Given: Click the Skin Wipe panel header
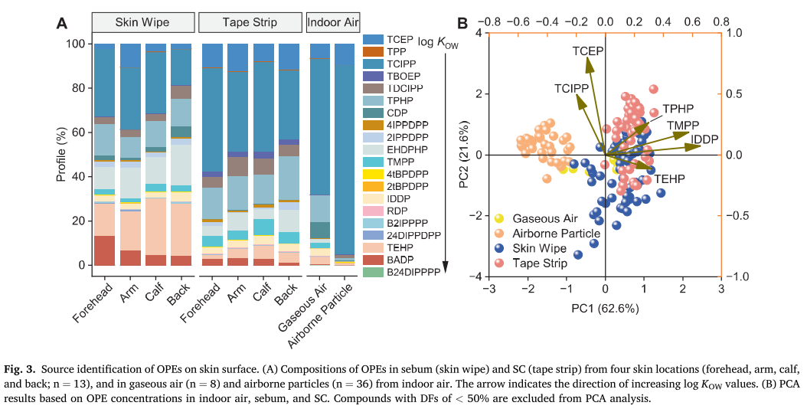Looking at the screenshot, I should click(x=142, y=22).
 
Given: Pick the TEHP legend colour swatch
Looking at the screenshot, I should click(x=373, y=247).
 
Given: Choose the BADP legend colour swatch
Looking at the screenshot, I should click(x=373, y=260).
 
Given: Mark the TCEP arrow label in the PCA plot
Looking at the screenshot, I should click(x=587, y=51).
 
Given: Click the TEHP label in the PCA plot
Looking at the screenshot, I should click(x=669, y=178).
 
